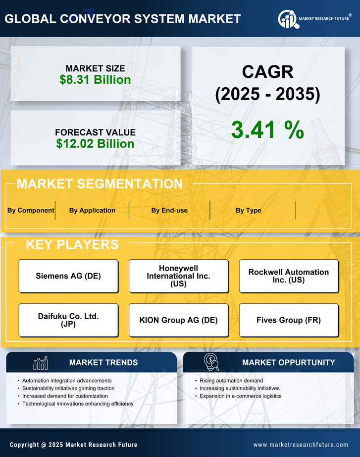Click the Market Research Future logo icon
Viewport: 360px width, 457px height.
[x=288, y=19]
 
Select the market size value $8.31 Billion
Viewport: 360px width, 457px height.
[x=95, y=80]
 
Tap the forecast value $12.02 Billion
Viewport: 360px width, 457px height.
[x=95, y=144]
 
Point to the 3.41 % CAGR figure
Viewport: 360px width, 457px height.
[x=267, y=130]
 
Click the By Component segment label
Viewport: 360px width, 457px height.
[x=31, y=210]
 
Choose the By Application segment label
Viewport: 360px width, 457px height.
[x=92, y=210]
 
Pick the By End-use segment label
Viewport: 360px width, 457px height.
[x=169, y=210]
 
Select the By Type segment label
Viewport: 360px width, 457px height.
[x=249, y=210]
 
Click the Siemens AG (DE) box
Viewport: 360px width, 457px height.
[x=68, y=276]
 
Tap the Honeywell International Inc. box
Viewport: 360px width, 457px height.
[x=178, y=276]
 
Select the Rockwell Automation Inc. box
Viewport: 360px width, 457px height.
[x=289, y=276]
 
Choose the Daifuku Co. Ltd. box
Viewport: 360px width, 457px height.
[x=68, y=320]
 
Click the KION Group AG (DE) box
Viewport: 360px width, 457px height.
[x=178, y=320]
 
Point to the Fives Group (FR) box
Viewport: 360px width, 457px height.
[x=289, y=320]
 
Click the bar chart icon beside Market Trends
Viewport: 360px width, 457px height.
[x=40, y=363]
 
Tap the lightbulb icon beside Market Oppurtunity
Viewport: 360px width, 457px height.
[x=211, y=362]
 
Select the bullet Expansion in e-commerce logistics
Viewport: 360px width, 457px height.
[x=241, y=396]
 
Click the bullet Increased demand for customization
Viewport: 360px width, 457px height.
[x=65, y=396]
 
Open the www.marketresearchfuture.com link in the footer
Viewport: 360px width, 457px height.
[x=301, y=445]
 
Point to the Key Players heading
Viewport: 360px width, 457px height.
[x=72, y=244]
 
